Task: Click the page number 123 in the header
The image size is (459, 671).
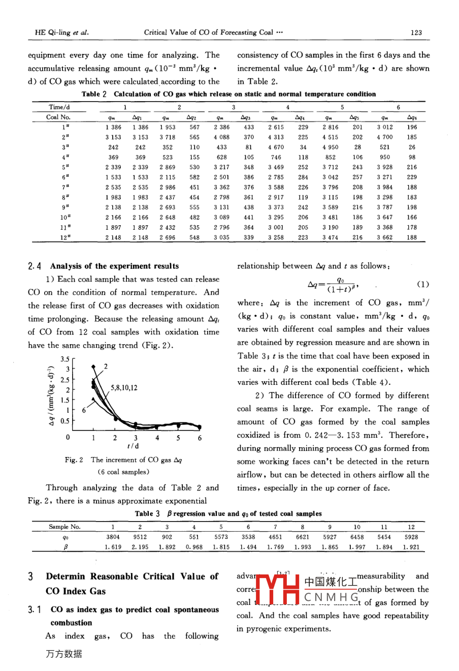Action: tap(416, 33)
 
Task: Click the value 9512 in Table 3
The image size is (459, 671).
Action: tap(140, 537)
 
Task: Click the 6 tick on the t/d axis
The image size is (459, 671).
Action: tap(200, 438)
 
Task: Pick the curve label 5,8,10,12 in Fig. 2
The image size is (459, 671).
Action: tap(124, 388)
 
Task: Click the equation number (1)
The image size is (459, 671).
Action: tap(422, 285)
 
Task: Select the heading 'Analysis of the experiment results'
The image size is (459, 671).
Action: tap(114, 266)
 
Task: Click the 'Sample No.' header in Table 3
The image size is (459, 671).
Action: tap(64, 527)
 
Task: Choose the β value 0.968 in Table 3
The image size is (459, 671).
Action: tap(194, 547)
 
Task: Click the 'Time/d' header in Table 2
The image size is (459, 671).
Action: tap(59, 107)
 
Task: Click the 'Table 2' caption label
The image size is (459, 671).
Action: tap(94, 94)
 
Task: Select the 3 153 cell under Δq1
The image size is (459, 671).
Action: tap(140, 137)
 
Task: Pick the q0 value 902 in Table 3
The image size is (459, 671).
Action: tap(167, 537)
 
